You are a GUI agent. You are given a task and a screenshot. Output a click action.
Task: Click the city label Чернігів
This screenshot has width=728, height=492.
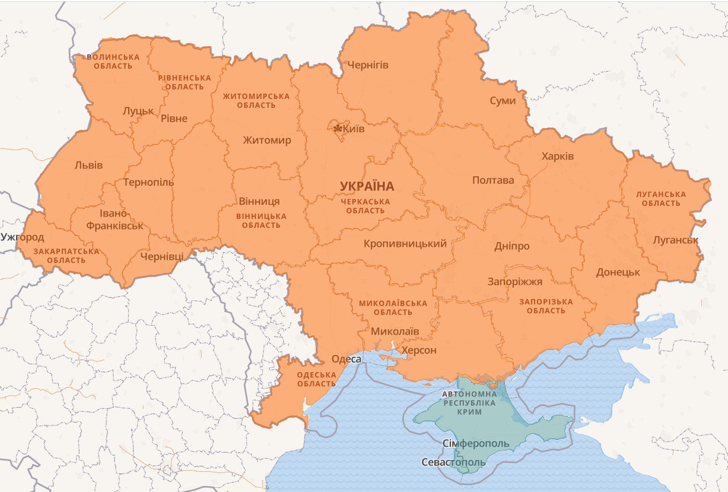point(367,65)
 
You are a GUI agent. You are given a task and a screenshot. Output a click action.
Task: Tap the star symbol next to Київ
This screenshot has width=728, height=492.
point(338,128)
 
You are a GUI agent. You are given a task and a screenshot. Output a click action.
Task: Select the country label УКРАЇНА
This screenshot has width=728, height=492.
point(367,186)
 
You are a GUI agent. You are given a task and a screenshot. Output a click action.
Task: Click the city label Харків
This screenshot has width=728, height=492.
point(557,157)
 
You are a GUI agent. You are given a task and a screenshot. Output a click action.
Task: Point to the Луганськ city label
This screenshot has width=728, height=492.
point(675,240)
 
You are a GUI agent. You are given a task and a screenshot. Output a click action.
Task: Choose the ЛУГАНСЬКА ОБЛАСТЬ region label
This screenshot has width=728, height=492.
point(660,199)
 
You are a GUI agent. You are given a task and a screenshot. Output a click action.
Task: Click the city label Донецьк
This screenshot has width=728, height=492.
point(618,272)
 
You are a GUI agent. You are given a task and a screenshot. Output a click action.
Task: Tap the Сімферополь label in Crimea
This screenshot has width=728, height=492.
point(476,444)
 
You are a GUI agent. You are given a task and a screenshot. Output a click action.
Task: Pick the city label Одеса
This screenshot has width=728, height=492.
point(346,359)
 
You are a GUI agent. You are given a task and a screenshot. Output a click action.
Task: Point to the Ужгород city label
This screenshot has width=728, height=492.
point(23,237)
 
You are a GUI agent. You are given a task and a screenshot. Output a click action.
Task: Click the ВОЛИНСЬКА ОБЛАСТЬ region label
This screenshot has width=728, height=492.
point(113,61)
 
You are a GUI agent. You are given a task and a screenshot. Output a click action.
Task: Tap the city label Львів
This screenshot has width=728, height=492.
point(88,165)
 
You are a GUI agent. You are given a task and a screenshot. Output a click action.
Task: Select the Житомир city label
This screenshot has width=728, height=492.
point(266,141)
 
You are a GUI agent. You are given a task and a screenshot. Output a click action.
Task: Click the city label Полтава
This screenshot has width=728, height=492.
point(493,180)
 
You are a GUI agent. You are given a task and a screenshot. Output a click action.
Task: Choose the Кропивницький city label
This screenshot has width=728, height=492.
point(405,243)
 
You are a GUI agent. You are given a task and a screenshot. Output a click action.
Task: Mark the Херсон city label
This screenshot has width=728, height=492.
point(419,351)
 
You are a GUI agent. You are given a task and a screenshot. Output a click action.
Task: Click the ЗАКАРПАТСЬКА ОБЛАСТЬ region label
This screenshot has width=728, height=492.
point(66,256)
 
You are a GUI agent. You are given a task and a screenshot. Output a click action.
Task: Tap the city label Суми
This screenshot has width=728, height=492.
point(503,101)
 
